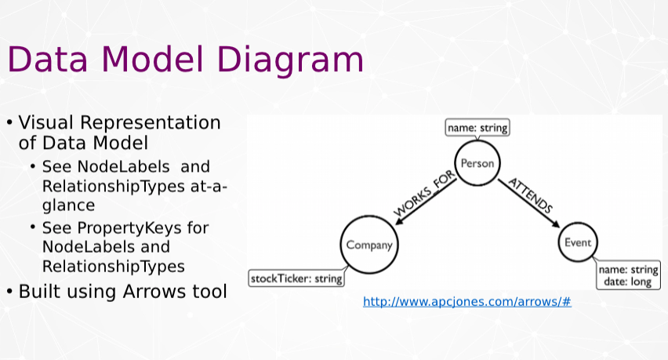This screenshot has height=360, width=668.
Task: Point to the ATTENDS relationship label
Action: pos(531,195)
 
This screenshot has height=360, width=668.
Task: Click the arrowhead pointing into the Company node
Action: pos(400,220)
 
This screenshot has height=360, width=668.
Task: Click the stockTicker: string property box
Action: pos(296,278)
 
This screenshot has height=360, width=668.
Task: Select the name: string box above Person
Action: pos(477,128)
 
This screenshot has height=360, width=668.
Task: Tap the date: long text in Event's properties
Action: pos(627,282)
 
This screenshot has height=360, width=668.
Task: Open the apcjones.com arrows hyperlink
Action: pos(467,302)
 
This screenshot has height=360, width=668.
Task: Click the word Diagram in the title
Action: pos(290,60)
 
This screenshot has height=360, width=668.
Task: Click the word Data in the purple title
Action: pos(48,59)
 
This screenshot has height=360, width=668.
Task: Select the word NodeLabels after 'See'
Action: pos(124,166)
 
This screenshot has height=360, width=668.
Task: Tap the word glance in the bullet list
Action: pos(68,205)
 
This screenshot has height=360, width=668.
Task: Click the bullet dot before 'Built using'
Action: pos(9,292)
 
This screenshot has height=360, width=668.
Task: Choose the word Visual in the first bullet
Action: pos(46,122)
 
